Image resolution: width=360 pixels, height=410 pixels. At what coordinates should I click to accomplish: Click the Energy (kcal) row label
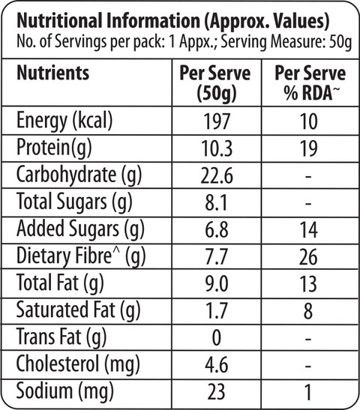[x=64, y=121]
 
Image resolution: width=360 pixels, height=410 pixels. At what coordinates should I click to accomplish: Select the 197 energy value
[x=217, y=121]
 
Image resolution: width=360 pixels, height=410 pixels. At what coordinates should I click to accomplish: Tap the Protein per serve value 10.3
[x=217, y=148]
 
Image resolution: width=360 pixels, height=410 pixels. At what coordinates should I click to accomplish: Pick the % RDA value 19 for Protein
[x=309, y=148]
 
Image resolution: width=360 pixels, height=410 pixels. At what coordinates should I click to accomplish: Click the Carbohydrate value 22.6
[x=217, y=175]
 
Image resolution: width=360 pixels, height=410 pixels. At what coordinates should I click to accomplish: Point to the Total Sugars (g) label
[x=74, y=202]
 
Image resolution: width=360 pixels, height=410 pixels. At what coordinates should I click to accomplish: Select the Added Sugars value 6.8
[x=217, y=230]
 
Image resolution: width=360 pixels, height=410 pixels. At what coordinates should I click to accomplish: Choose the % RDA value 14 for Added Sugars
[x=309, y=230]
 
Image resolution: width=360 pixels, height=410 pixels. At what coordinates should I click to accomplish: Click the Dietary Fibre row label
[x=81, y=256]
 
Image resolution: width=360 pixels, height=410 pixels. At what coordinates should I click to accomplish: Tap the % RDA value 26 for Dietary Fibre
[x=309, y=257]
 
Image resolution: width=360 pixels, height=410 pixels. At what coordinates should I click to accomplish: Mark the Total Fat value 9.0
[x=217, y=284]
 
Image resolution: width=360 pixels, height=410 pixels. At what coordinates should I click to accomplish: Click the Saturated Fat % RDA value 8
[x=308, y=311]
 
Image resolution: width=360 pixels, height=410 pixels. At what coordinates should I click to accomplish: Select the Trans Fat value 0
[x=216, y=338]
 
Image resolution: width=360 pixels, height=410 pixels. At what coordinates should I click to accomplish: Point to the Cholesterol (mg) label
[x=78, y=365]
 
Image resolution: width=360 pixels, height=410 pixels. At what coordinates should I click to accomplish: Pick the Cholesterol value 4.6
[x=217, y=365]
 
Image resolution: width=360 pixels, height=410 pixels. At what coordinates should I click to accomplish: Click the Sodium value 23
[x=216, y=392]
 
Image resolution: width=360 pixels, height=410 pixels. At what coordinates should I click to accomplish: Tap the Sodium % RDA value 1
[x=309, y=392]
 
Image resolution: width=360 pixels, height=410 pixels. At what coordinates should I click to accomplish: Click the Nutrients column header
[x=52, y=73]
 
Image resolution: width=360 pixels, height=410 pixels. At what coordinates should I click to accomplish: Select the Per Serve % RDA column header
[x=310, y=83]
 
